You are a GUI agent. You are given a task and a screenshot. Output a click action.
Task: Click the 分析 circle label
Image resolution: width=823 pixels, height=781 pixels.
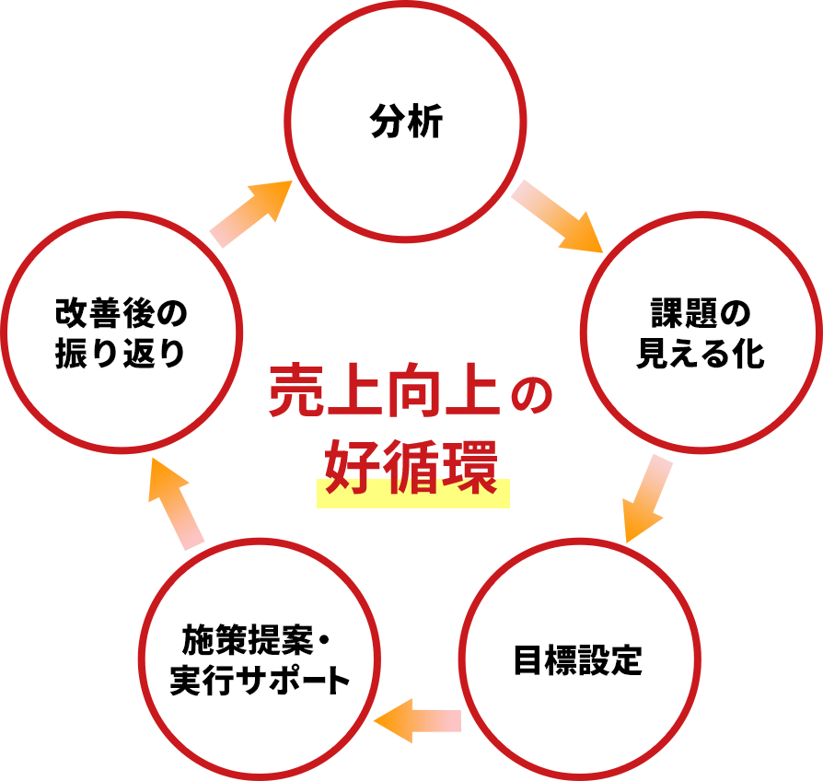click(406, 122)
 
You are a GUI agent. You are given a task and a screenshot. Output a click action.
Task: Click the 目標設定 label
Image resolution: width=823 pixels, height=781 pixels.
click(577, 660)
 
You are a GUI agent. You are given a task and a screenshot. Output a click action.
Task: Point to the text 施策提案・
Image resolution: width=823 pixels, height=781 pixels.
click(256, 638)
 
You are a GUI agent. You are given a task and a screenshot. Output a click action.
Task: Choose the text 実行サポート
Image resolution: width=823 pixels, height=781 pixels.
click(261, 682)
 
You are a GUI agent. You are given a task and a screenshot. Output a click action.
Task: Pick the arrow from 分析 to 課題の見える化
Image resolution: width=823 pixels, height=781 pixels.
click(559, 216)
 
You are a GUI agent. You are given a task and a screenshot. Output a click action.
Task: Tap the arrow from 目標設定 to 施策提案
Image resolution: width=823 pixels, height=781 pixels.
click(418, 720)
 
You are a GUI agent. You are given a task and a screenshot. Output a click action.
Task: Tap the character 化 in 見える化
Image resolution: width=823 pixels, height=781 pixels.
click(749, 355)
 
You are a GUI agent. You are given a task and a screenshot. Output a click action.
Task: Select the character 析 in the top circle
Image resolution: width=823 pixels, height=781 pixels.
click(425, 122)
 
